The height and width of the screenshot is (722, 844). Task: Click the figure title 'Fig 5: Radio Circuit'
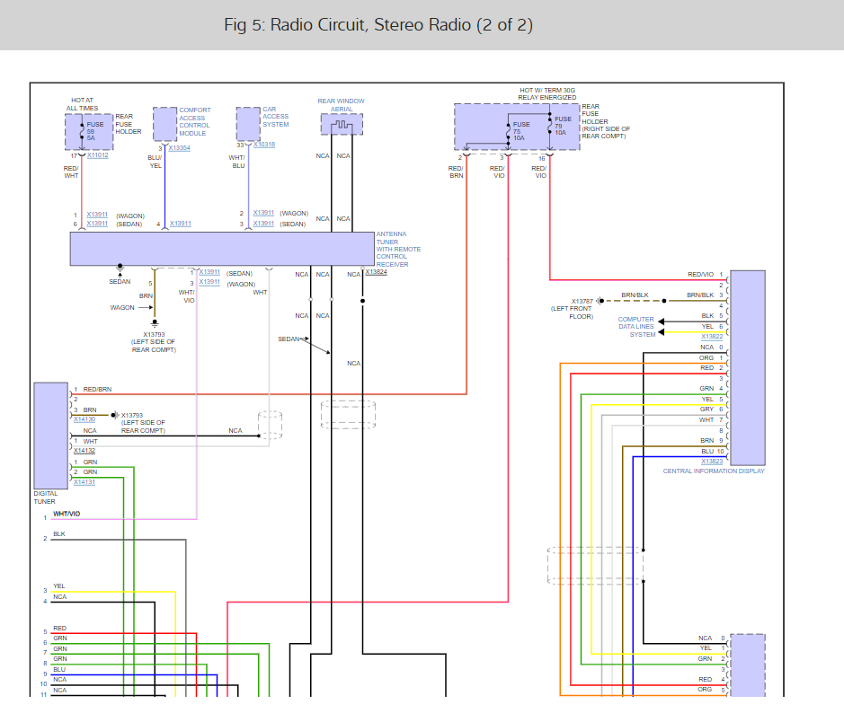(378, 25)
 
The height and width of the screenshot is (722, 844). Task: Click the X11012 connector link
(97, 155)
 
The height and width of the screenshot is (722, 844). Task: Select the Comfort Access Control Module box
(164, 124)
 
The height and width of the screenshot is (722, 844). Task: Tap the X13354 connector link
(179, 148)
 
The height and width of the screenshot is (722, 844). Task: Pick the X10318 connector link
(263, 145)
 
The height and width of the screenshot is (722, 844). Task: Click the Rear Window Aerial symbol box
(342, 124)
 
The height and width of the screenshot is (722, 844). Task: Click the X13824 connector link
(376, 272)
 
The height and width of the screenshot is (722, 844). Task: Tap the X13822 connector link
(712, 336)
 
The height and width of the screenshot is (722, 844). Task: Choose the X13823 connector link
(712, 462)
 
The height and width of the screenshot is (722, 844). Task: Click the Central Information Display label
(714, 471)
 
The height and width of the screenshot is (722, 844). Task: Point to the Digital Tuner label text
(45, 497)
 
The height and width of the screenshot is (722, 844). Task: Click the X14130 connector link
(84, 419)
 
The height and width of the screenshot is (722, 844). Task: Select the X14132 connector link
(84, 451)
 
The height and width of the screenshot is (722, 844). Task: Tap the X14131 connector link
(84, 482)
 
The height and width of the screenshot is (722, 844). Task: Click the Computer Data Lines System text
(636, 327)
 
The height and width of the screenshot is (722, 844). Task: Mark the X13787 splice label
(582, 302)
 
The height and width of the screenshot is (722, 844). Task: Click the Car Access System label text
(276, 117)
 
